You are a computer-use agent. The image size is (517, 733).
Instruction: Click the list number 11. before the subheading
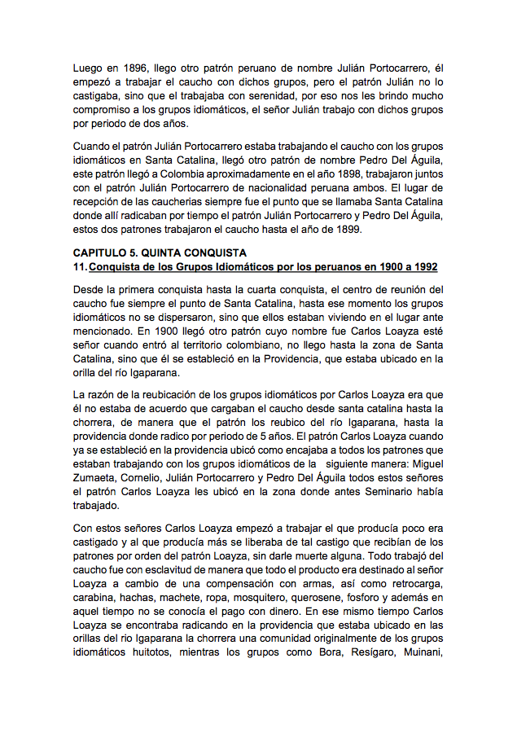[80, 266]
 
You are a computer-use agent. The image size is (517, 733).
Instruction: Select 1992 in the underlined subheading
[423, 266]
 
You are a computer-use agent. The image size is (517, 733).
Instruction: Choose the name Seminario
[397, 492]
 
